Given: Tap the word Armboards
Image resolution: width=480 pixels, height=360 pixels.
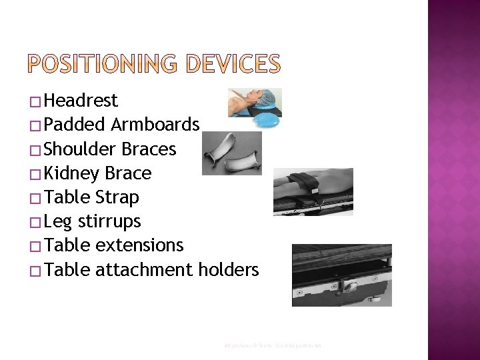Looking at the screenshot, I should tap(155, 125).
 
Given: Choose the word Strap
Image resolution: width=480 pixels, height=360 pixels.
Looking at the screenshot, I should tap(117, 198).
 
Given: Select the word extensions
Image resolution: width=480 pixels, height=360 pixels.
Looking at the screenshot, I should tap(139, 246).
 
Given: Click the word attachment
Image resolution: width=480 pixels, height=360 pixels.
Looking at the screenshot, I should tap(145, 270).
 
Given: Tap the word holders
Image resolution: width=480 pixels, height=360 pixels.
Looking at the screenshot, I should tap(228, 270).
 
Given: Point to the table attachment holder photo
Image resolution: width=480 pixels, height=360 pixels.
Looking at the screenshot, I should tap(341, 275).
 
